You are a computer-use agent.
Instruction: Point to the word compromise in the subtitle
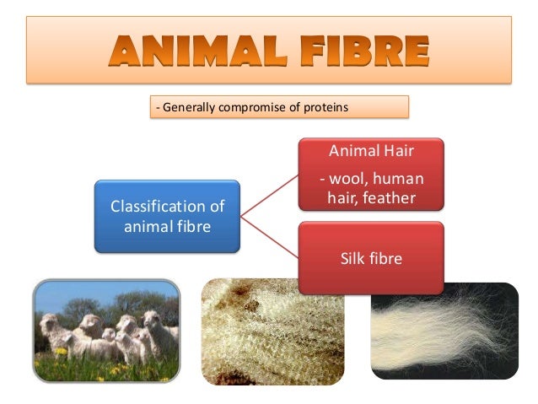point(254,107)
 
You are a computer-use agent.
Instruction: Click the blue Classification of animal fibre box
point(167,216)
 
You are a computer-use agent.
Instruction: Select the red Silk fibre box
point(369,258)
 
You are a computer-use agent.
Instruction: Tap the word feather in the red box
point(393,197)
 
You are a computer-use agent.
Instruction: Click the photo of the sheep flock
point(106,331)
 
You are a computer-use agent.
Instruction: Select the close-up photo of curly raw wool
point(272,331)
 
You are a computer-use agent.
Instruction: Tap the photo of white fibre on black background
point(444,331)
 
